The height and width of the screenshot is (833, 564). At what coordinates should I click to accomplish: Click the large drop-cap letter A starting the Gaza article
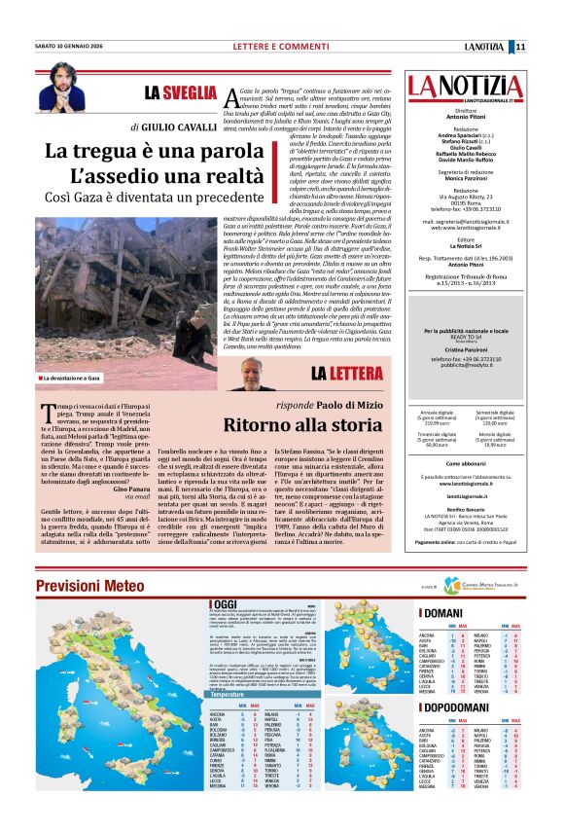230,99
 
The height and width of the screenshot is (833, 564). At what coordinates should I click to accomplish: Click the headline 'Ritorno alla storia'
300,425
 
